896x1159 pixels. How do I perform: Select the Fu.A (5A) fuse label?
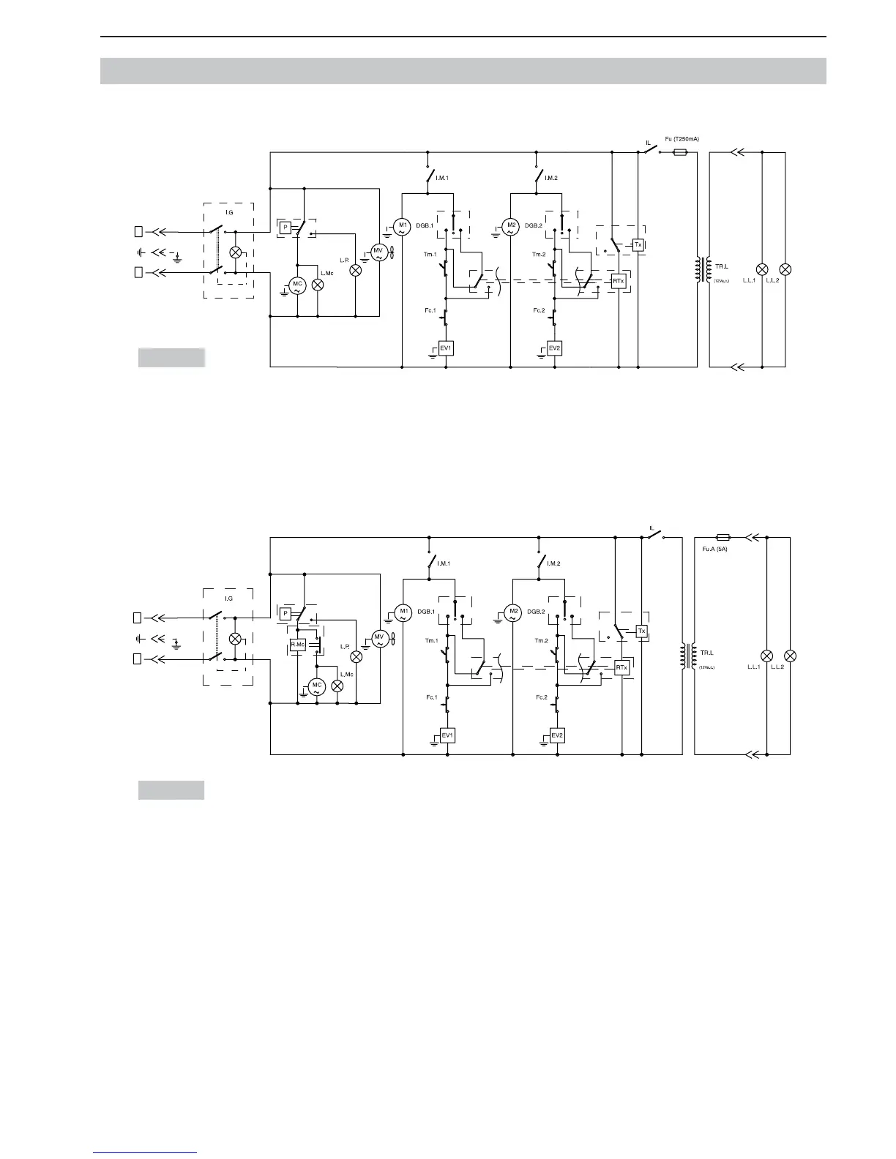[711, 548]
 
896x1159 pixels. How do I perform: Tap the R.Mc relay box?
[298, 645]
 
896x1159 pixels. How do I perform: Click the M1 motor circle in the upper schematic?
[402, 227]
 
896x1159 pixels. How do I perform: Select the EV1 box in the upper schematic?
[445, 348]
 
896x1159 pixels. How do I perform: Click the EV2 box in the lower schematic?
[557, 735]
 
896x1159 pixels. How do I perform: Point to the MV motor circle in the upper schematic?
[378, 252]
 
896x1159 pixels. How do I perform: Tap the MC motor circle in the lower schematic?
[316, 687]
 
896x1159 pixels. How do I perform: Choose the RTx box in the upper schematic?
[619, 281]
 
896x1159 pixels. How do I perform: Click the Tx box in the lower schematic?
[642, 631]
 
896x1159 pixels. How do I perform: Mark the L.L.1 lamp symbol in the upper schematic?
[761, 269]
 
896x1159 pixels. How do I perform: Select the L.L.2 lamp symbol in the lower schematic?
[791, 655]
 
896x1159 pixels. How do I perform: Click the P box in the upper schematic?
[284, 227]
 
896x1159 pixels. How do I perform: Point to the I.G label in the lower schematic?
[228, 599]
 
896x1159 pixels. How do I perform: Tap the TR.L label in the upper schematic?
[721, 266]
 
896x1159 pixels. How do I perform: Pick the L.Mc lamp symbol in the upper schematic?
[317, 285]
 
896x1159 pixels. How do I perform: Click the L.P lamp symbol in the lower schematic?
[356, 656]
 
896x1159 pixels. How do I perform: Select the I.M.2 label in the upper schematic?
[551, 178]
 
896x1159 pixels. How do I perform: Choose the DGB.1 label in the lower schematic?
[427, 612]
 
